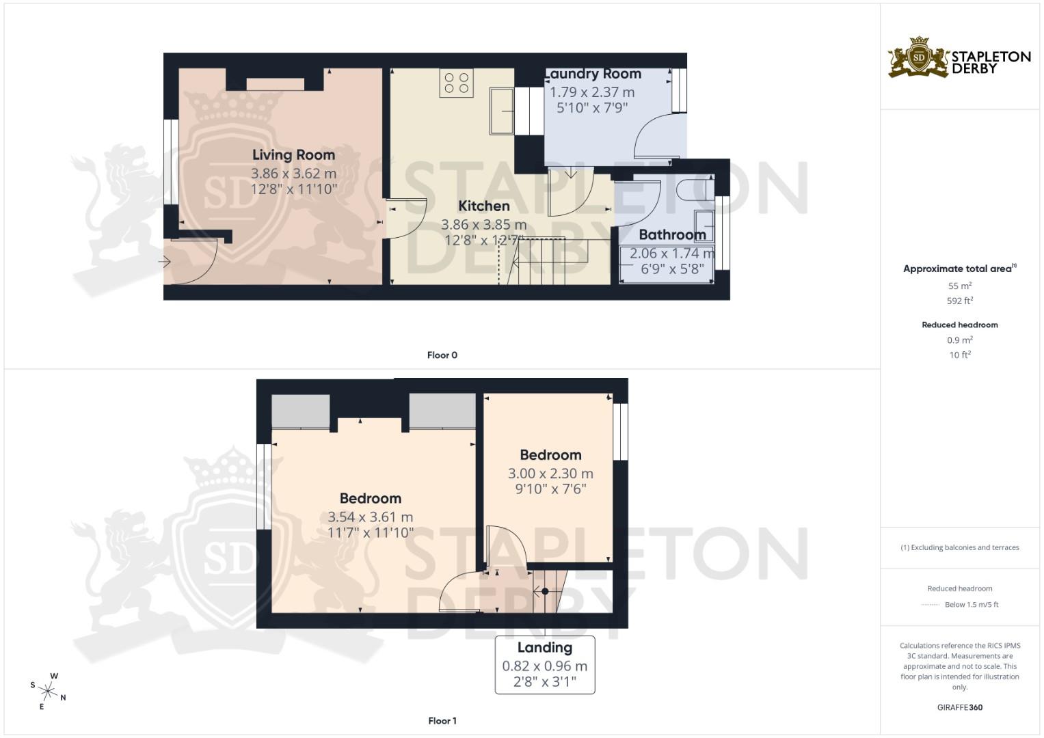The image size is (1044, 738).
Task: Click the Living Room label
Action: [293, 155]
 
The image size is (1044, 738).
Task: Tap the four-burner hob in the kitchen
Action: [457, 83]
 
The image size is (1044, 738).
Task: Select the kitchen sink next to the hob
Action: [501, 111]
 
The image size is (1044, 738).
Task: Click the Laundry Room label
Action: [593, 74]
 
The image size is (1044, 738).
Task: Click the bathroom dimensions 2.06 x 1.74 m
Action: [672, 254]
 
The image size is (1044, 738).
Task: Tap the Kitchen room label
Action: [483, 206]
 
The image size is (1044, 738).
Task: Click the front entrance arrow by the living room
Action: [164, 262]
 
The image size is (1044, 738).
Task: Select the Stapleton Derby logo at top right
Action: [959, 58]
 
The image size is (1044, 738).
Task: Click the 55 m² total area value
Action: [959, 286]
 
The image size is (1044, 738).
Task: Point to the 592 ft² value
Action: [959, 301]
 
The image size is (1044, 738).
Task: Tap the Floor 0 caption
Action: [442, 355]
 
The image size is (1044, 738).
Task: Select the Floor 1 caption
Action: [442, 721]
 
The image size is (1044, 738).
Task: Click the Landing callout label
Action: [544, 648]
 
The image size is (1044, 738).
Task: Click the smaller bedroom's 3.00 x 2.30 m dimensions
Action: [550, 474]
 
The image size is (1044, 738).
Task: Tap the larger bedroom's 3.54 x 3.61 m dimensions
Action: [370, 517]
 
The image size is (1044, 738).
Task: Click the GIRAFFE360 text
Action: [959, 707]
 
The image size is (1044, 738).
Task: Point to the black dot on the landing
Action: [545, 591]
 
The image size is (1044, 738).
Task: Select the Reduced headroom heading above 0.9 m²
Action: [959, 325]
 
